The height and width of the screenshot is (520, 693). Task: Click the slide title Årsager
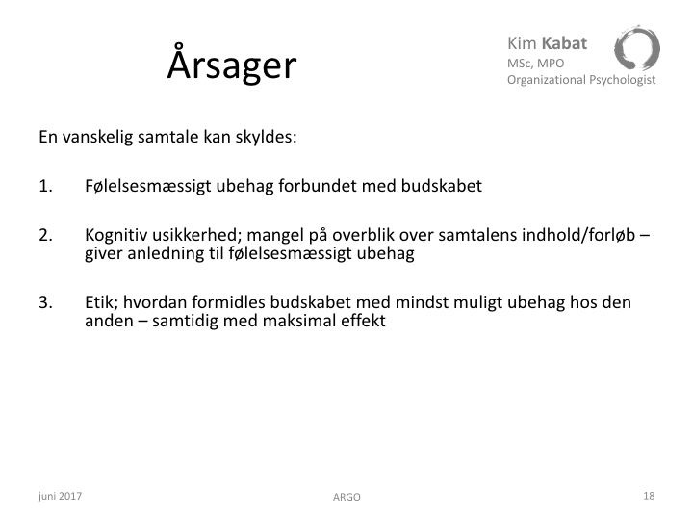point(232,63)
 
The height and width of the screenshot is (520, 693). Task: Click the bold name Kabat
point(564,43)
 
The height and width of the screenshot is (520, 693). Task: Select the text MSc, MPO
point(536,64)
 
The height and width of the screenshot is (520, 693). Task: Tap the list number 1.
point(45,186)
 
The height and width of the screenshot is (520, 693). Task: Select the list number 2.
point(45,235)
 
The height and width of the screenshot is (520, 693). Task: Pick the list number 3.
point(45,302)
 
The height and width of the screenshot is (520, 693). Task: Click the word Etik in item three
point(102,303)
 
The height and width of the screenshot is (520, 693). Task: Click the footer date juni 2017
point(60,496)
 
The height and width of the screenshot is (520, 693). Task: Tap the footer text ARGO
point(346,498)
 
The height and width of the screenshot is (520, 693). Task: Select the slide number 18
point(649,496)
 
